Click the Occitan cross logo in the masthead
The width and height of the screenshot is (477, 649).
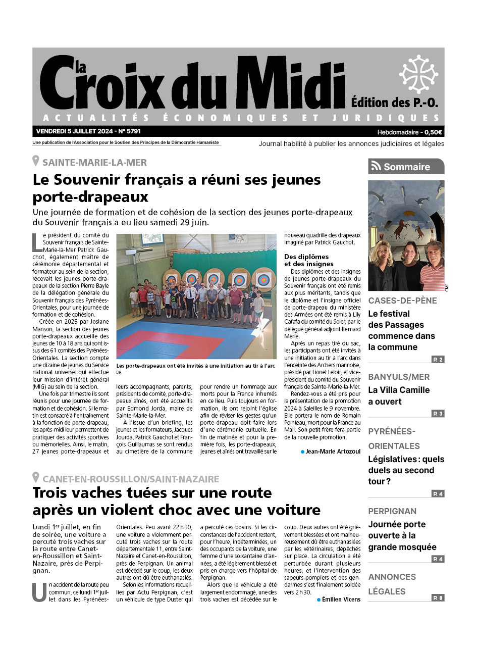pos(418,74)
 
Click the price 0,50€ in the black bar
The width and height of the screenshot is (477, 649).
pos(433,132)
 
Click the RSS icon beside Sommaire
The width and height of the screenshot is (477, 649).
pos(376,167)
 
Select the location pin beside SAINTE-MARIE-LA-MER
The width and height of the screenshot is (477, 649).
pos(36,162)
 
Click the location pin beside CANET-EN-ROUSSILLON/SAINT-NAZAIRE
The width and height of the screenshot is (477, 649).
pos(36,478)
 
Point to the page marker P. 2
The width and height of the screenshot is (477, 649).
pos(438,360)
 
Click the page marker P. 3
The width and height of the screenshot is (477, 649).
pos(438,414)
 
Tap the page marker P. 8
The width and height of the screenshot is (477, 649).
pos(438,598)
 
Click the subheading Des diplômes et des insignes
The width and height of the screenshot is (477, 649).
pos(306,260)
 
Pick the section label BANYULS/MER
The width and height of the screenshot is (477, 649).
pos(399,377)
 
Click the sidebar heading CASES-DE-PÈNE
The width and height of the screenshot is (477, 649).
pos(402,301)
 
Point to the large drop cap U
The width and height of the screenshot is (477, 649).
pos(39,592)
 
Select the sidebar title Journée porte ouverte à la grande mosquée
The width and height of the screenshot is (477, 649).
pos(402,535)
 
